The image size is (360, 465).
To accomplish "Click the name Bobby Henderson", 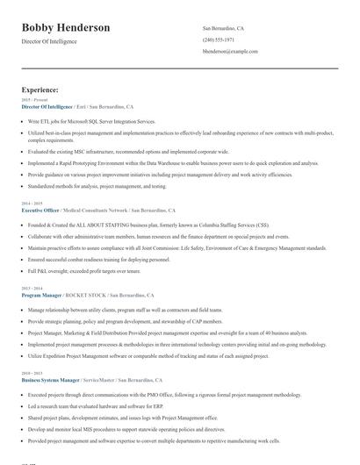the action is (x=66, y=28).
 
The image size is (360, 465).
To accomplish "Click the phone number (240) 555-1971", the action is (x=218, y=40).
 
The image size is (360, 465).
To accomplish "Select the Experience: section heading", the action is (x=40, y=89).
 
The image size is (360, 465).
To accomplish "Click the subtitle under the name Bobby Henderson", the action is (x=49, y=41).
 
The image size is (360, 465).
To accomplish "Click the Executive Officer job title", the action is (x=40, y=211).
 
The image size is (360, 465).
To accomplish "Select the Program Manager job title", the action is (x=40, y=296).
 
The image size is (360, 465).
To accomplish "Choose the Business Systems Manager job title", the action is (x=50, y=381).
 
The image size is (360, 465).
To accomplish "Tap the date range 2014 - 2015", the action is (x=31, y=204).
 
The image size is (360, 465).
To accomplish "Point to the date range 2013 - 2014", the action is (x=31, y=289).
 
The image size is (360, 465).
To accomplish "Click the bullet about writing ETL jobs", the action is (x=91, y=121).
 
